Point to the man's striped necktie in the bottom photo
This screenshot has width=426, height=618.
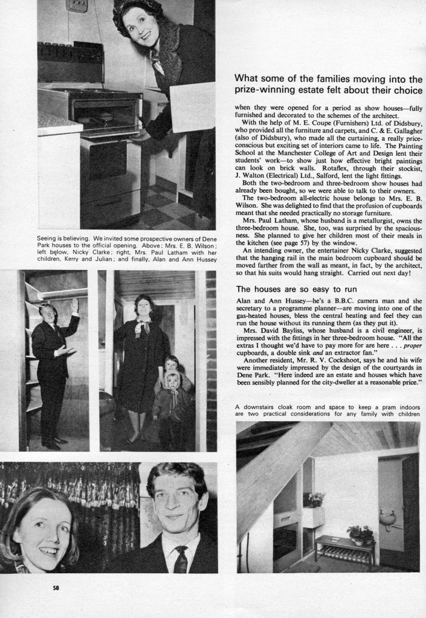[181, 559]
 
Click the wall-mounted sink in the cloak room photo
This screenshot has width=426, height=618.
[388, 517]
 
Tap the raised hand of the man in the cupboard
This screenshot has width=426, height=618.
[74, 305]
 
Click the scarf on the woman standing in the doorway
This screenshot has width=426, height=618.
[143, 327]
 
